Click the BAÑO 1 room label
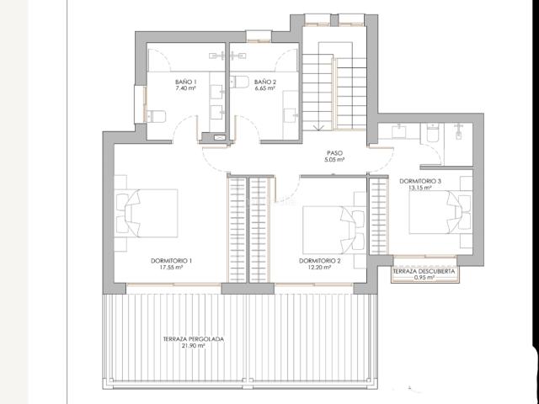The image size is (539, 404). pos(185,82)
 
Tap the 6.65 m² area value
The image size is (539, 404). pos(264,88)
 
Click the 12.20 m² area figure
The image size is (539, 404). pos(320,268)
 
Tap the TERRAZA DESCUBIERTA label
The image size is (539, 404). pos(424,271)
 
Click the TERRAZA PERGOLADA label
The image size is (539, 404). pos(194,339)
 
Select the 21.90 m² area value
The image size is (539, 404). pos(194,346)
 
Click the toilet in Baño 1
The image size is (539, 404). pos(156,116)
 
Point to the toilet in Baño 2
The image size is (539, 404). pos(239,82)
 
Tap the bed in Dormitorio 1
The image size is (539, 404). pos(147,213)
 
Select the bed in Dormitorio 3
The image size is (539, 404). pos(440,212)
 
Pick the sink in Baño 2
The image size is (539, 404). pos(290,115)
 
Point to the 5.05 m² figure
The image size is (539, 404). pos(334,160)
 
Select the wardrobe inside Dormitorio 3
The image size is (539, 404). pos(379,216)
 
